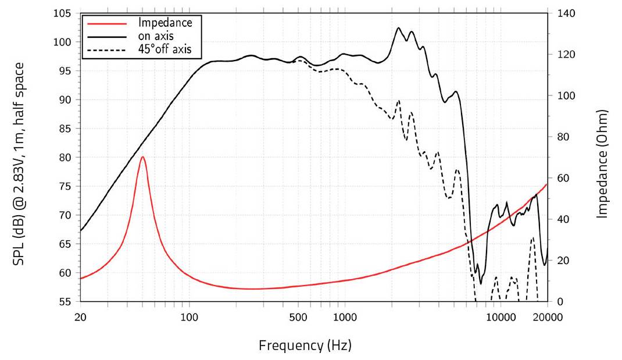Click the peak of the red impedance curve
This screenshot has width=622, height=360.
click(142, 156)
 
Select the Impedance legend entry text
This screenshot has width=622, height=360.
click(165, 23)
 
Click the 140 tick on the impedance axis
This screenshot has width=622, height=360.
click(565, 13)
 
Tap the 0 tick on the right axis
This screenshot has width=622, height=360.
click(559, 301)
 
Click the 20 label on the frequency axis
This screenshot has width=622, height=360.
click(80, 317)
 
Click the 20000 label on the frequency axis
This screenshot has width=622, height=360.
click(547, 317)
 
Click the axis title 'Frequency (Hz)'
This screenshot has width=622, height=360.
click(305, 345)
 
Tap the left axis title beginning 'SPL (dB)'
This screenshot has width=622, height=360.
click(19, 164)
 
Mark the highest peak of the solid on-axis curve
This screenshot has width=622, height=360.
click(399, 28)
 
